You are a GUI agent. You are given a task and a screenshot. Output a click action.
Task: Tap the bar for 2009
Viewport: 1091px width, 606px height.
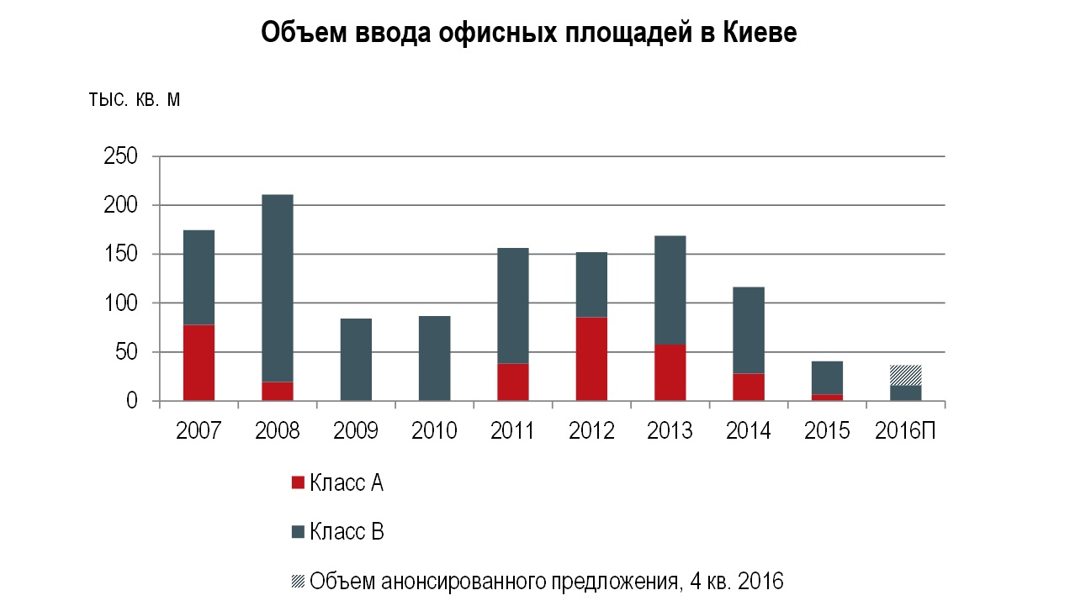pos(356,359)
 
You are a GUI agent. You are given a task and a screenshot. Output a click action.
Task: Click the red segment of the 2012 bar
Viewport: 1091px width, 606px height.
pos(591,358)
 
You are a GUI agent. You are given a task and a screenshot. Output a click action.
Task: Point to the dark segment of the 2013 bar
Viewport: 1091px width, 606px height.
pos(670,289)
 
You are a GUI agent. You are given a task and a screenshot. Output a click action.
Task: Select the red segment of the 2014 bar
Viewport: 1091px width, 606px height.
pos(749,387)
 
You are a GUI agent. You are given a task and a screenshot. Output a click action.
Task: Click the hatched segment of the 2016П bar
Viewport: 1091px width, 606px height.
pos(906,375)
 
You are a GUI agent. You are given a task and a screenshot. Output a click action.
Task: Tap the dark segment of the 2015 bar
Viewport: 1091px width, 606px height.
pos(827,377)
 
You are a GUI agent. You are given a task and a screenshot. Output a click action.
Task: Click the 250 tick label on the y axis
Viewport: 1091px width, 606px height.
pos(119,157)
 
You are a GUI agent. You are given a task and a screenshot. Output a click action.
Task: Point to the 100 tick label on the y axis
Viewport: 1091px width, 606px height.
pos(119,303)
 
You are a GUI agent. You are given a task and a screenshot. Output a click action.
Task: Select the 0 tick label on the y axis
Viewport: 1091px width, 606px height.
pos(131,402)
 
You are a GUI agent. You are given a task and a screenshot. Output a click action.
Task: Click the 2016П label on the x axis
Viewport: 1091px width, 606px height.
pos(906,431)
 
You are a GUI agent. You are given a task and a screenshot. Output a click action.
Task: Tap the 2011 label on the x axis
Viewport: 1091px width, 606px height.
pos(512,431)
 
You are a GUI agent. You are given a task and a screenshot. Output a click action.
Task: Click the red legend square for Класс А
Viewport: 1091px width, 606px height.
pos(297,483)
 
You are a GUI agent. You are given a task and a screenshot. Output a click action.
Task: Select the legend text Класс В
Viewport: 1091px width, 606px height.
pos(347,532)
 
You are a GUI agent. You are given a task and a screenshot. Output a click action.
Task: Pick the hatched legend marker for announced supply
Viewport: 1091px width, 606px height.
pos(297,581)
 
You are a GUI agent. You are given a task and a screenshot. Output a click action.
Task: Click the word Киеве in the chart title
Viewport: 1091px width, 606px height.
pos(760,33)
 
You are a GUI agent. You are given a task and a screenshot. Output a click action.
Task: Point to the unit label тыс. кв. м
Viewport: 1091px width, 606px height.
pos(135,100)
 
